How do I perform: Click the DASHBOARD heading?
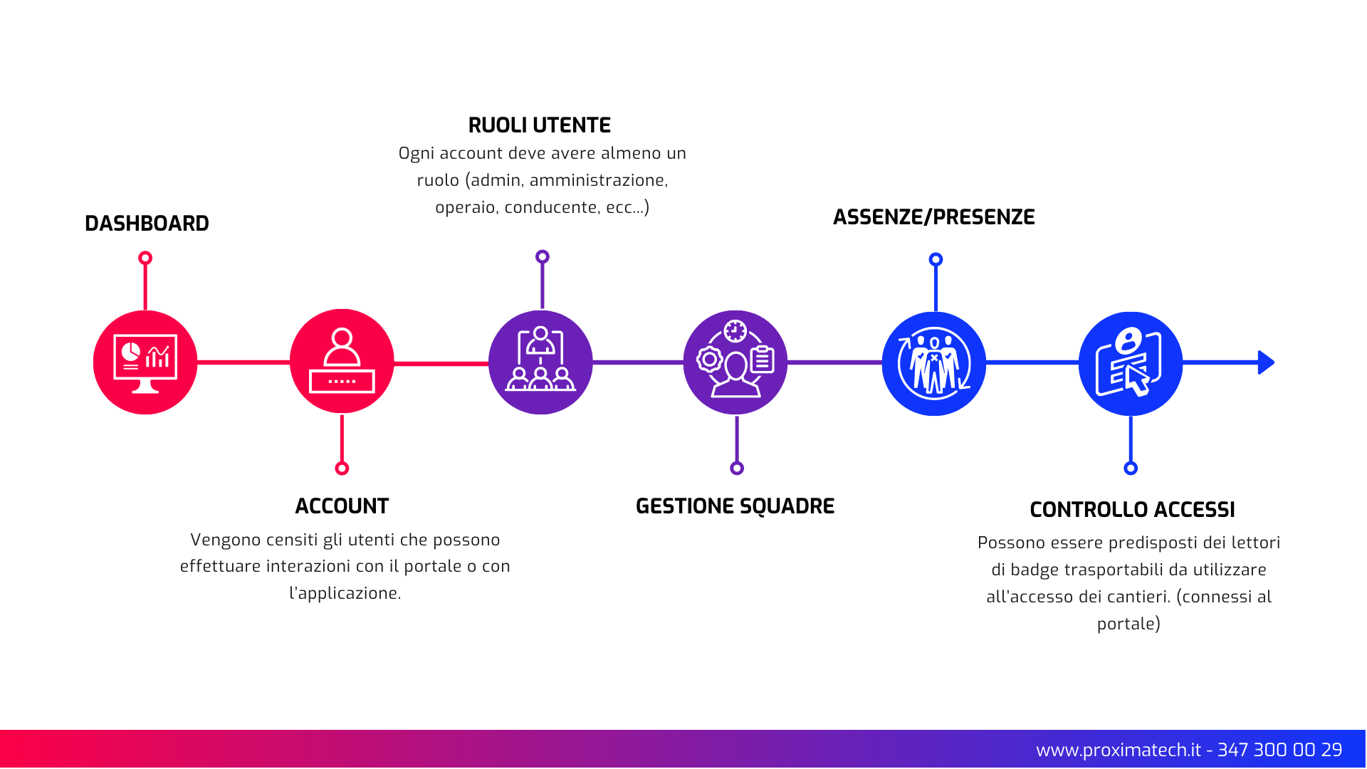click(147, 224)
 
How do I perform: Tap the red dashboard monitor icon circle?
click(145, 362)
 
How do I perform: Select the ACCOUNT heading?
click(342, 506)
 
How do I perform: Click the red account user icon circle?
click(342, 362)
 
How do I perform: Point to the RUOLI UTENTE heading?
click(539, 125)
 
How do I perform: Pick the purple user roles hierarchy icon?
click(540, 362)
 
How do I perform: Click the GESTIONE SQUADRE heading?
click(735, 506)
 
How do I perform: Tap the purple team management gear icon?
click(735, 362)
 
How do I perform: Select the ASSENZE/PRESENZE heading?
click(933, 217)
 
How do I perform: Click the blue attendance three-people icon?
click(934, 364)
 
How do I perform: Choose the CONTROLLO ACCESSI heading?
click(1132, 510)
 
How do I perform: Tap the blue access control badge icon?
click(1131, 364)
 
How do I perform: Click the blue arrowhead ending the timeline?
click(1265, 362)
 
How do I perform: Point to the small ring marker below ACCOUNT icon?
click(342, 468)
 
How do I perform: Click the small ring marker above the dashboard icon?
click(145, 258)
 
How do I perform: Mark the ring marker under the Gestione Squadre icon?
click(737, 468)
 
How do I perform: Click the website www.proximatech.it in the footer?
click(1118, 750)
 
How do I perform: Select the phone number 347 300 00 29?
click(1279, 750)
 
